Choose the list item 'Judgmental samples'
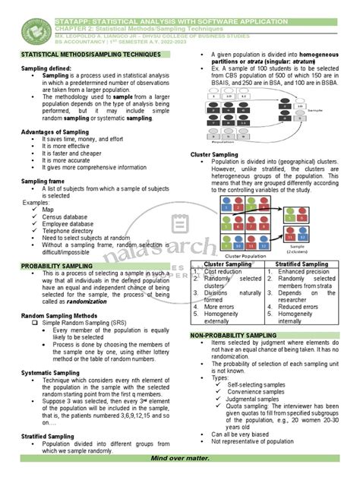coord(254,399)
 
